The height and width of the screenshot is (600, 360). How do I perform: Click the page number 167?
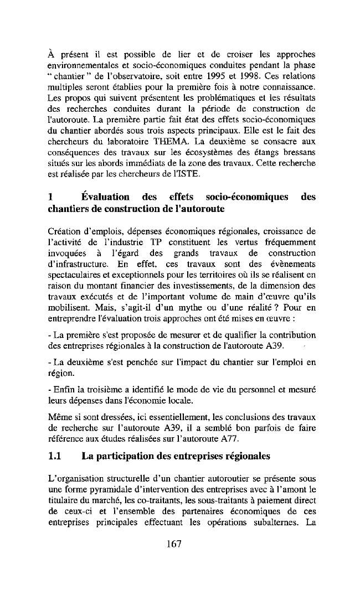point(174,544)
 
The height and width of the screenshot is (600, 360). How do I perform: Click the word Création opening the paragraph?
point(63,231)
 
